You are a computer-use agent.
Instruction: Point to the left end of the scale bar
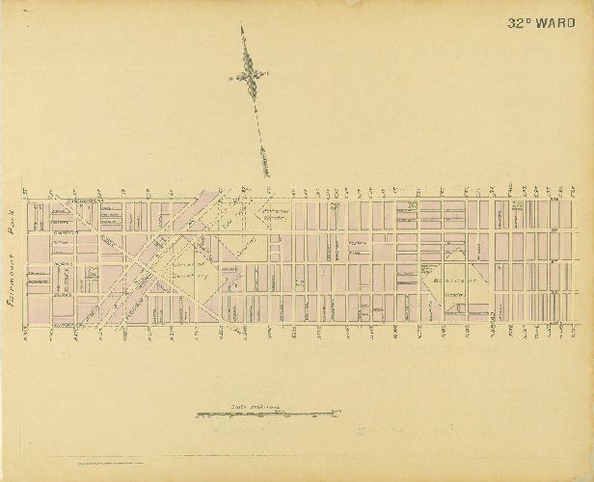pyautogui.click(x=198, y=415)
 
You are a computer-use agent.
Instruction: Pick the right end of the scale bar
pyautogui.click(x=334, y=415)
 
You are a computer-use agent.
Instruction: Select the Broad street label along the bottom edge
pyautogui.click(x=489, y=320)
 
